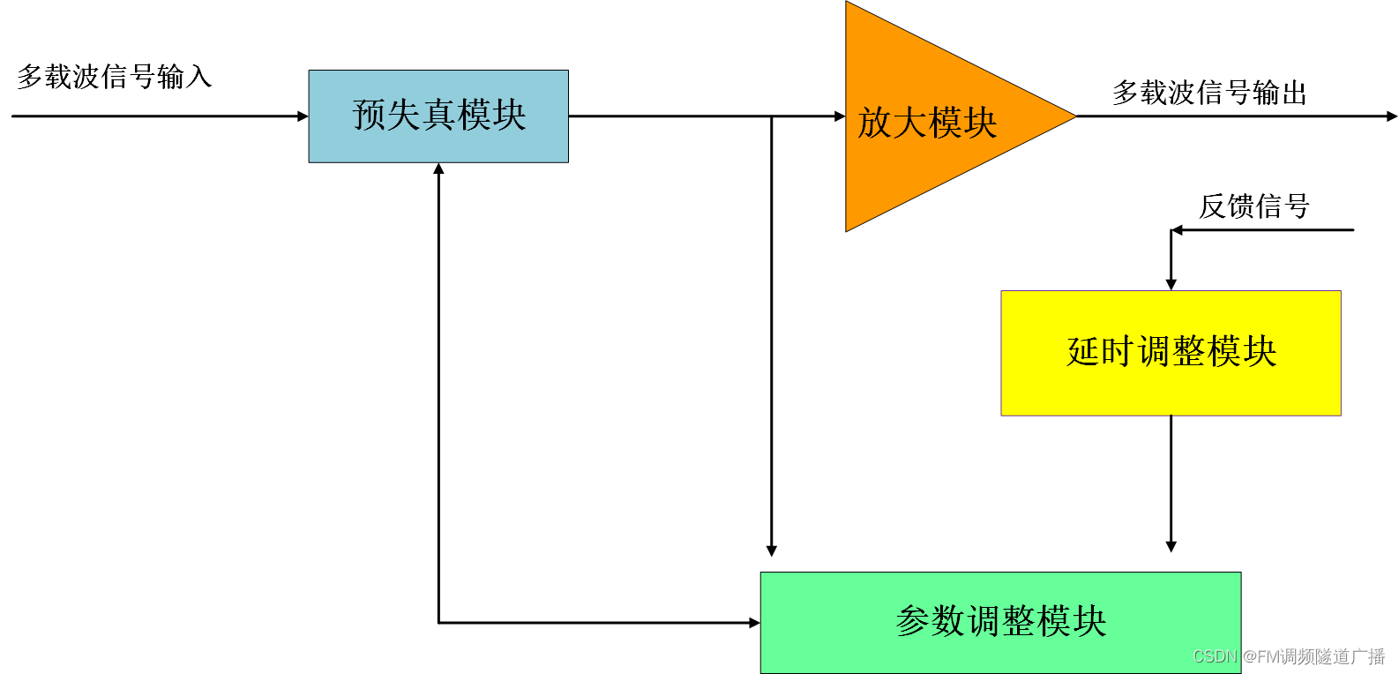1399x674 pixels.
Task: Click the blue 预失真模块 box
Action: [438, 116]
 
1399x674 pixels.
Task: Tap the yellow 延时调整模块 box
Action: [1171, 353]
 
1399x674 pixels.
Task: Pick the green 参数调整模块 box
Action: [1000, 622]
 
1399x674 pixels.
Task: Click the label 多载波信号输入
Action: [115, 77]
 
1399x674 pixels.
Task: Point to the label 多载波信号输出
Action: [1209, 93]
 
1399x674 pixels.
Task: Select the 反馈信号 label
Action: [1253, 206]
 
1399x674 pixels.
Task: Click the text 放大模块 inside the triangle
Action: [927, 123]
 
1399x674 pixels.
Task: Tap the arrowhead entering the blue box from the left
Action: [303, 116]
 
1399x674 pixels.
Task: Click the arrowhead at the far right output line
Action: [1392, 116]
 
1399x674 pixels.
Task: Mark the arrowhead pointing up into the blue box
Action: [438, 168]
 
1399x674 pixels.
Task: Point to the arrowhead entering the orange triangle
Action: [840, 116]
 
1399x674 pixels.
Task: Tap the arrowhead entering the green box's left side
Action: [754, 623]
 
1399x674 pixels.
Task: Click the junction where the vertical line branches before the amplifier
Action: [772, 116]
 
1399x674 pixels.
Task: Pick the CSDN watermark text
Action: [1289, 656]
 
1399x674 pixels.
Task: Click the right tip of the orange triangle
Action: [1074, 116]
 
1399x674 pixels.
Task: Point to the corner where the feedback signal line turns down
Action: [1171, 230]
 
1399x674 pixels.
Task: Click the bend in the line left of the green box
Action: [438, 623]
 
